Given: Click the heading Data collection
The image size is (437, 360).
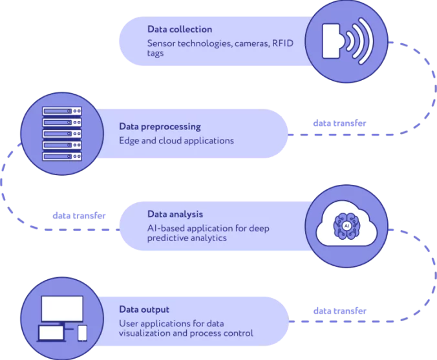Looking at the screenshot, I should point(179,30).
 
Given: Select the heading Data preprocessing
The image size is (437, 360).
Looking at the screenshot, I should point(160,127).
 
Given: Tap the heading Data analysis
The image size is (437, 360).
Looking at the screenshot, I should point(175,213).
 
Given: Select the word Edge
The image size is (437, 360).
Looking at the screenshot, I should point(129,140).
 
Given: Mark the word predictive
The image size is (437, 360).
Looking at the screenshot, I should point(169,238).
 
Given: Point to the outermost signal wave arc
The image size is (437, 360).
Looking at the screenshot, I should point(368,41).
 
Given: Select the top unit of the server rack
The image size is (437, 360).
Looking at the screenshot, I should point(63,111).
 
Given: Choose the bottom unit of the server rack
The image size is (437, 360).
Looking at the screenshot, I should point(63,156).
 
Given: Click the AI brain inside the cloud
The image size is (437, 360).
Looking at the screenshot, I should point(347,226).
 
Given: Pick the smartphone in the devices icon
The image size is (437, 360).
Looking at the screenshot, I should point(82,333).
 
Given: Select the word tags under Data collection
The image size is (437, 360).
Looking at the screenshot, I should point(156,54).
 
